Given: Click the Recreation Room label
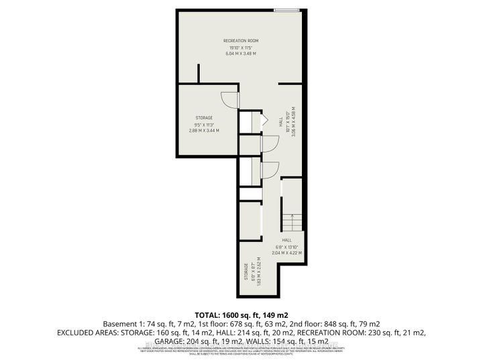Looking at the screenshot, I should coord(241,41).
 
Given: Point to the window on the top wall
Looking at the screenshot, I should coord(287,9).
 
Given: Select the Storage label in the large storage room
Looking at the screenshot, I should coord(205,118).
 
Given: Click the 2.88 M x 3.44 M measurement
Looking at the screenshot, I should coord(205,131).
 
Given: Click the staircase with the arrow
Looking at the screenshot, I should coord(288,222).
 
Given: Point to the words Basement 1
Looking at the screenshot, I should coord(118,323).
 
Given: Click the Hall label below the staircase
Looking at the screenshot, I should coord(287,240).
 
